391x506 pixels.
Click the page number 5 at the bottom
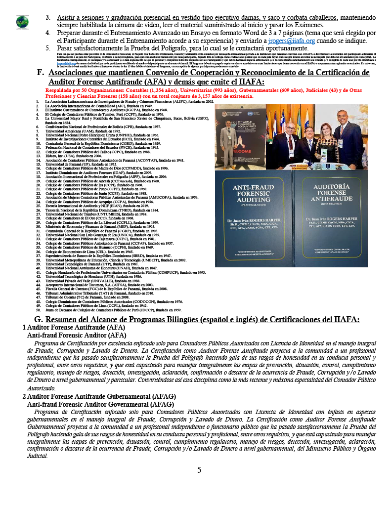tap(199, 470)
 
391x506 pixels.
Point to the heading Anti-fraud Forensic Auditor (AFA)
tap(77, 335)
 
